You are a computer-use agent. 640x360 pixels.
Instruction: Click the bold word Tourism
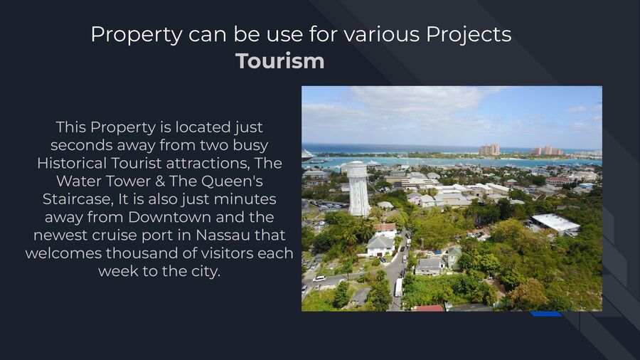click(280, 61)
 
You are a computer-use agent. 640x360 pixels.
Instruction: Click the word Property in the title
click(137, 35)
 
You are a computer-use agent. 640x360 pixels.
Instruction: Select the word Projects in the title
click(469, 35)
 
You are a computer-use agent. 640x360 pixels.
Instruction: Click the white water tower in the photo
click(358, 188)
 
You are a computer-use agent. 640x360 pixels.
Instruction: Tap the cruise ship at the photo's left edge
click(306, 154)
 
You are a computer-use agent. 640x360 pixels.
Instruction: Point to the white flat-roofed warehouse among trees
click(555, 223)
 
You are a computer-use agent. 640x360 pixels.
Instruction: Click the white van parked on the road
click(319, 279)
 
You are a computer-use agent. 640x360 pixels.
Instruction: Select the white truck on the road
click(398, 287)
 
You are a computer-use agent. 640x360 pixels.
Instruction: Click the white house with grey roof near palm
click(380, 245)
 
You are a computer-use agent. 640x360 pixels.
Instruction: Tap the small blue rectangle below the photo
click(546, 314)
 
